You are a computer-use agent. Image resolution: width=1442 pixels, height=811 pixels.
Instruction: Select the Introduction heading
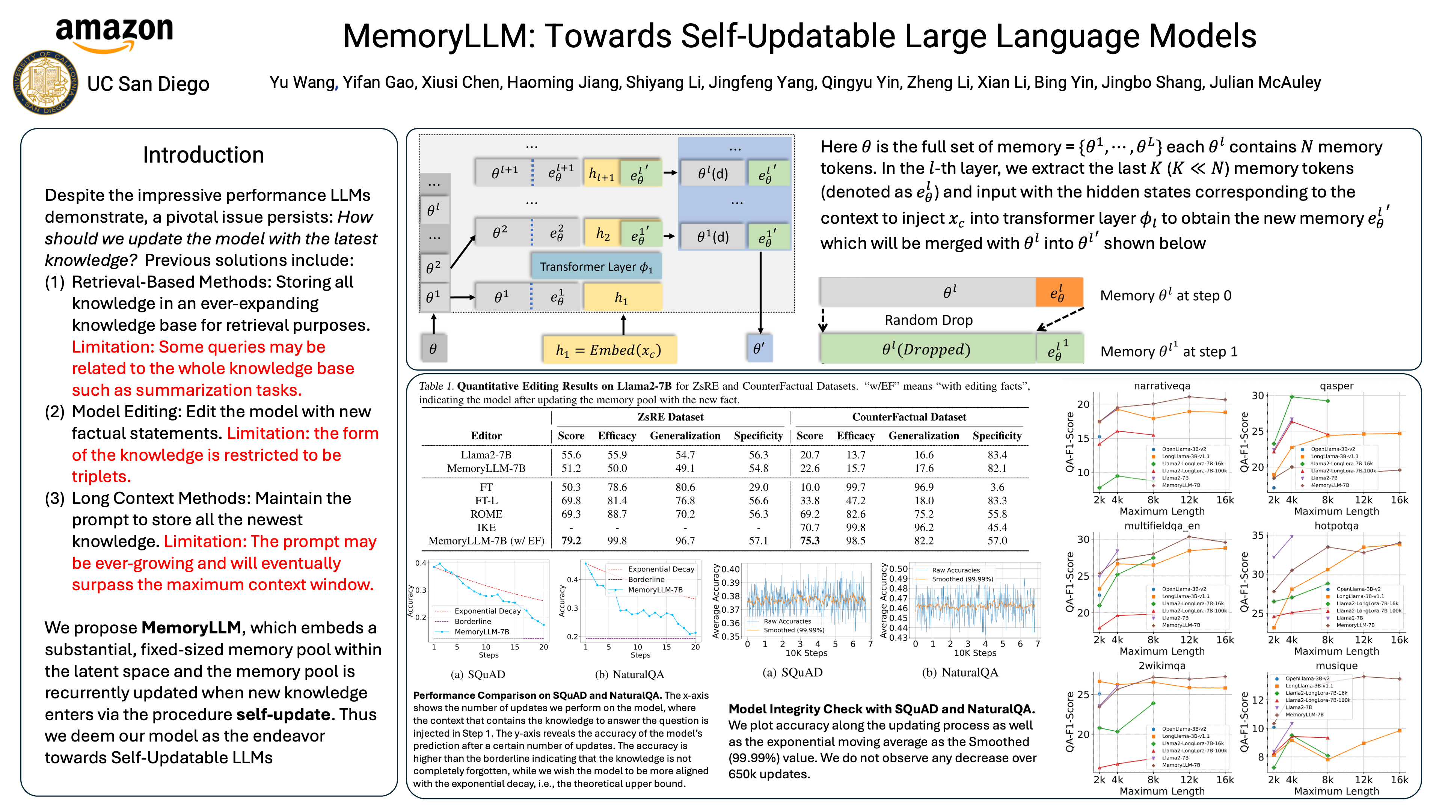(x=203, y=155)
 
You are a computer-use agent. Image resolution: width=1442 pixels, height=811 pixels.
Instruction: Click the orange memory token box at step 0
(x=1058, y=292)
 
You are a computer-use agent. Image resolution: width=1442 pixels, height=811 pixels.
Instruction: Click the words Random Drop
(x=928, y=320)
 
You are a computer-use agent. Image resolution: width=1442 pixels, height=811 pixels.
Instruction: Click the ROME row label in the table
(x=486, y=514)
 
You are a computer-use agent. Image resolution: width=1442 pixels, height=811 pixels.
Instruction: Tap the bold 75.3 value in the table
(x=810, y=541)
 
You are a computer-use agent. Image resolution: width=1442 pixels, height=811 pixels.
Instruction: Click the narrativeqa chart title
(x=1161, y=386)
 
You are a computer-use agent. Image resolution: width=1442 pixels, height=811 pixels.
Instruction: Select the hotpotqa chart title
(x=1336, y=526)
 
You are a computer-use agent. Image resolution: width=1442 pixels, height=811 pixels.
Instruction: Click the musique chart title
(x=1336, y=665)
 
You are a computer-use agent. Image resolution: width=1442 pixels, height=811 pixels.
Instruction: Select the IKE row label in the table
(x=486, y=527)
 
